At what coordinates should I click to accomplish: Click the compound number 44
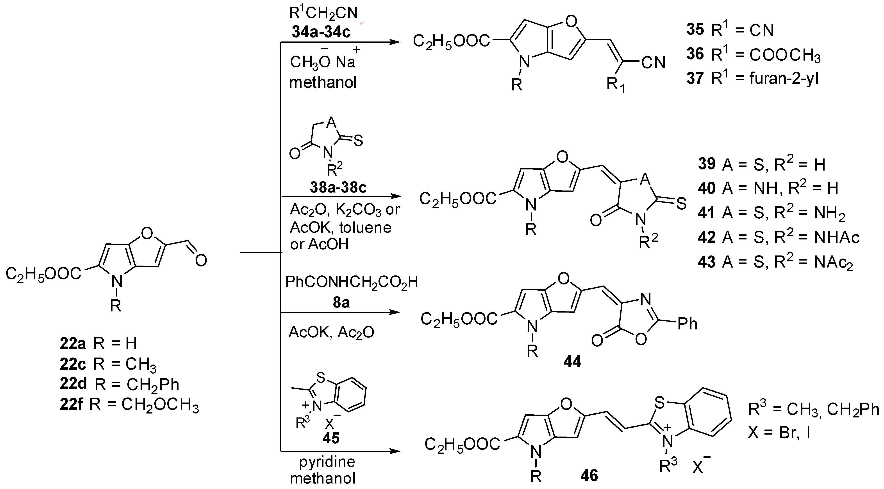pyautogui.click(x=572, y=362)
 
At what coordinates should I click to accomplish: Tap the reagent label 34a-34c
pyautogui.click(x=321, y=32)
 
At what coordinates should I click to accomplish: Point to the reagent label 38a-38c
pyautogui.click(x=338, y=187)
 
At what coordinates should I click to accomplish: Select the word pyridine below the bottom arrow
pyautogui.click(x=327, y=462)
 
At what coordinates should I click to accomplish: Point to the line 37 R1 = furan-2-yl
pyautogui.click(x=753, y=78)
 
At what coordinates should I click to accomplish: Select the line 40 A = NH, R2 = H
pyautogui.click(x=768, y=188)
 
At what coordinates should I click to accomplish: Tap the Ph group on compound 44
pyautogui.click(x=687, y=324)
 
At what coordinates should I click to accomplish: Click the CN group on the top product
pyautogui.click(x=653, y=63)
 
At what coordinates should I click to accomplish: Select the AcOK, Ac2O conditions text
pyautogui.click(x=332, y=333)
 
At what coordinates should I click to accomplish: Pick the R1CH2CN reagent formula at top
pyautogui.click(x=323, y=13)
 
